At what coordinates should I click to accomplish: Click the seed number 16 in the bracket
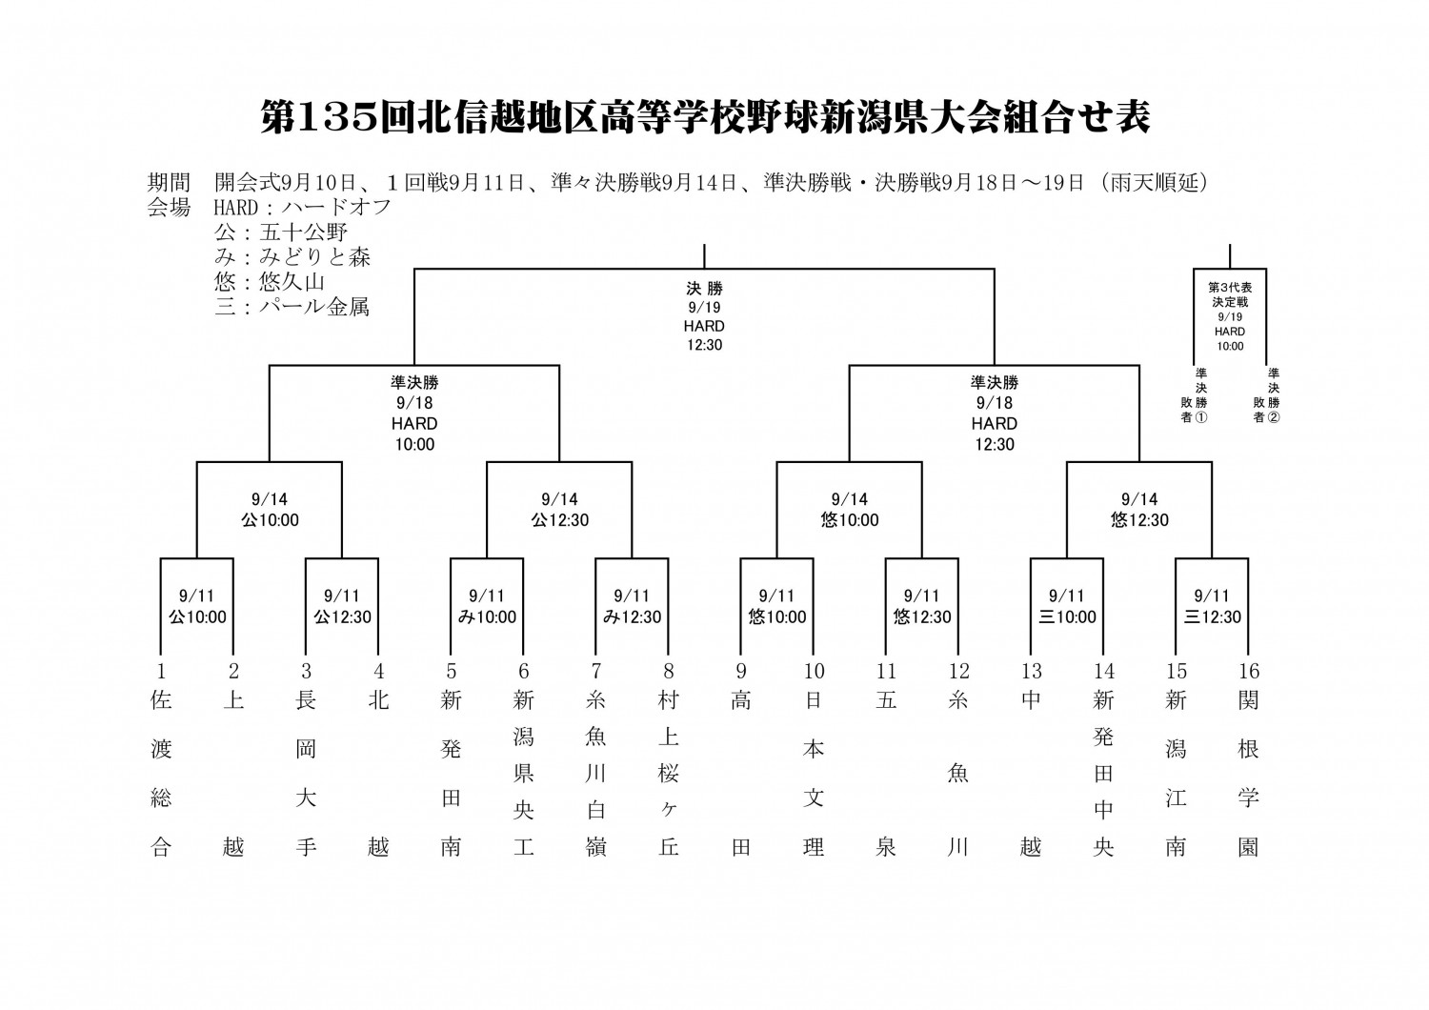coord(1248,671)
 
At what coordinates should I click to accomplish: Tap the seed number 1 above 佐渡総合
coord(161,671)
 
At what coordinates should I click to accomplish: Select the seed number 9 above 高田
coord(740,671)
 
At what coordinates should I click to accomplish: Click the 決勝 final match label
coord(704,289)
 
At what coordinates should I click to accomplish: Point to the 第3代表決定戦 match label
coord(1229,294)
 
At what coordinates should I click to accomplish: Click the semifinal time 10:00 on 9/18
coord(414,444)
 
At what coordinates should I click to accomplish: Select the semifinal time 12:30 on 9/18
coord(994,444)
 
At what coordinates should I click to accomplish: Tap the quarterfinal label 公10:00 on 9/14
coord(270,520)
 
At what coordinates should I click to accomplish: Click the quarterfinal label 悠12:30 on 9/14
coord(1139,520)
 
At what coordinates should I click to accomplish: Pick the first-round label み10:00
coord(488,617)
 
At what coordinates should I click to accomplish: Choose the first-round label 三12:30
coord(1212,617)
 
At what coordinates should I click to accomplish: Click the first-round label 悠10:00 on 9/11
coord(777,617)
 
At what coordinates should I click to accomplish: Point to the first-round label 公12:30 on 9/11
coord(342,617)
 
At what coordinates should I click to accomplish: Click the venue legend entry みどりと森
coord(314,256)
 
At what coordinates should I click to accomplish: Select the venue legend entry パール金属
coord(314,307)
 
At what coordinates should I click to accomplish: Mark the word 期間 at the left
coord(169,183)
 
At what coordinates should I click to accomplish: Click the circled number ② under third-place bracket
coord(1274,417)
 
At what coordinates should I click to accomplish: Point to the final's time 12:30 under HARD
coord(704,345)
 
